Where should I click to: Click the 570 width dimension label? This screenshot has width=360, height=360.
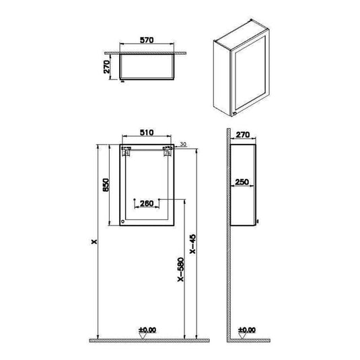(x=147, y=40)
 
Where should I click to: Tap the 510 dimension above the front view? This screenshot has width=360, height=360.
(x=146, y=133)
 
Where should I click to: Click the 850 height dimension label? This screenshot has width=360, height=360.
(x=106, y=184)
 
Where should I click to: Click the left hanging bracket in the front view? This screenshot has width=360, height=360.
(x=124, y=153)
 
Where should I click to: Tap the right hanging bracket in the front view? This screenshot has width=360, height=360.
(x=168, y=153)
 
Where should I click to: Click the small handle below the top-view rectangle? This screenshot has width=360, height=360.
(x=122, y=83)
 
